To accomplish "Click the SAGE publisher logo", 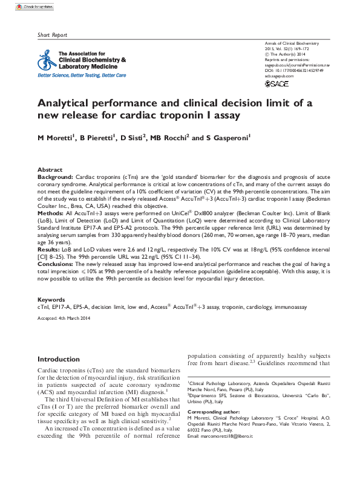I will tap(277, 83).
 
